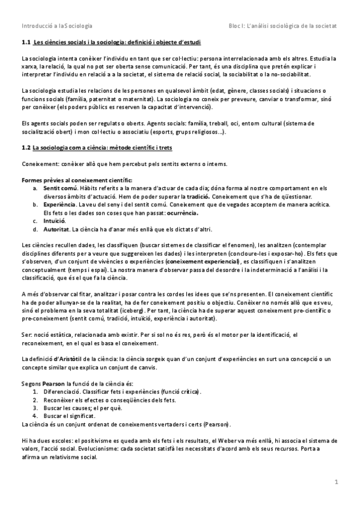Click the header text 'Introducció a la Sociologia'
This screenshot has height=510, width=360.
(56, 26)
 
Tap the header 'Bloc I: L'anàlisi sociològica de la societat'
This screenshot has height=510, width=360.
(283, 26)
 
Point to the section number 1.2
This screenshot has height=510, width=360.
(25, 147)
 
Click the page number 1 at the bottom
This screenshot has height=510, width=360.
(337, 482)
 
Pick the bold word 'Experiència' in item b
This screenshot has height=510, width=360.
(59, 205)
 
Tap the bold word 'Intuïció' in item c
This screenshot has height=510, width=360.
(55, 221)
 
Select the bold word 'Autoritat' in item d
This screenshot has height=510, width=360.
(56, 229)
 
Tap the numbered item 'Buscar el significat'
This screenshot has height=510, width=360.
(68, 416)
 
